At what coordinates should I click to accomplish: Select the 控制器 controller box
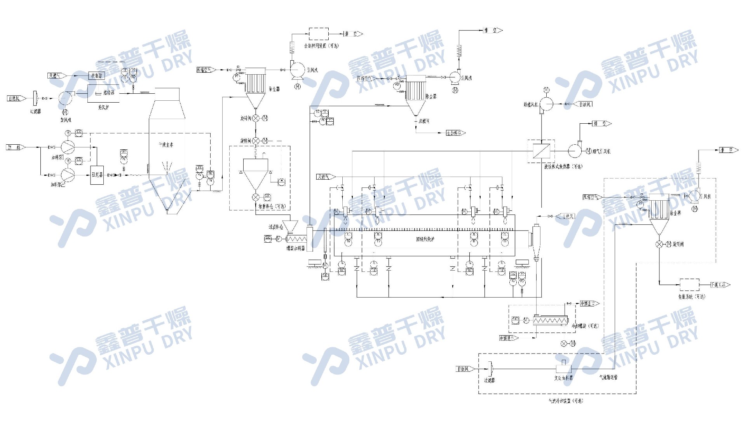coord(96,76)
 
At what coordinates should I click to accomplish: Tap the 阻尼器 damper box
coord(97,175)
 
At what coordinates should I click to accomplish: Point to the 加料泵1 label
coord(58,158)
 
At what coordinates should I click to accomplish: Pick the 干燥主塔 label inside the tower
coord(166,145)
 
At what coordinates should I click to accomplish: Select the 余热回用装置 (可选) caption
coord(321,46)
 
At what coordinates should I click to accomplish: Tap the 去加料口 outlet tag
coord(455,133)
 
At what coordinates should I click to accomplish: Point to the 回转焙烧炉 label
coord(425,239)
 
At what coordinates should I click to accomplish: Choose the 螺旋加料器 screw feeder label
coord(296,248)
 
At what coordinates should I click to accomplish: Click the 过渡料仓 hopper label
coord(275,227)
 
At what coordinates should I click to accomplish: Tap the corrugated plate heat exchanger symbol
coord(540,151)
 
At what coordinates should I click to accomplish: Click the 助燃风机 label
coord(530,104)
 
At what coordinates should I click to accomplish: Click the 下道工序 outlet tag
coord(720,285)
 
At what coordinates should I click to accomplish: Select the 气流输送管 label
coord(608,377)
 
